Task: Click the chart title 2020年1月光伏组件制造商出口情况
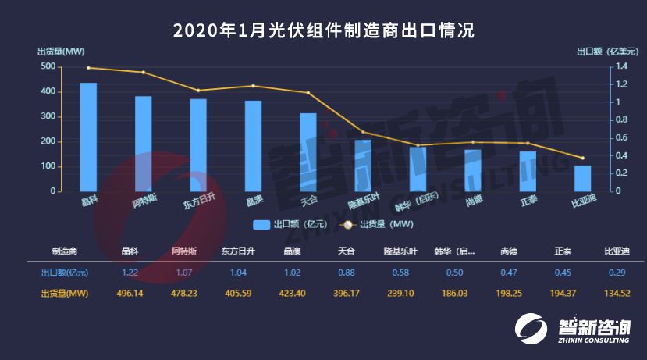tap(323, 30)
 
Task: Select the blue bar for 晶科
tap(88, 137)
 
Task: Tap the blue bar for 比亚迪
tap(583, 178)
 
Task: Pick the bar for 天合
tap(308, 152)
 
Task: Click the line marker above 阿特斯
tap(144, 73)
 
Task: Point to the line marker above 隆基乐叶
tap(363, 132)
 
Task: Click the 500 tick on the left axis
tap(48, 66)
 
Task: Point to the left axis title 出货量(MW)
tap(61, 52)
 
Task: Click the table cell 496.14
tap(130, 294)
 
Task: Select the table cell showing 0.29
tap(617, 273)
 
